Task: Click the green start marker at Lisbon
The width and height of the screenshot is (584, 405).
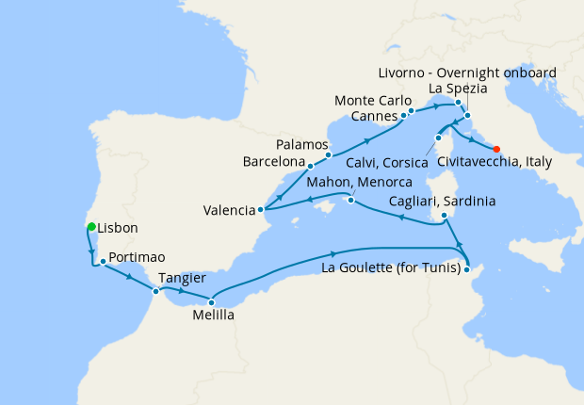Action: tap(91, 227)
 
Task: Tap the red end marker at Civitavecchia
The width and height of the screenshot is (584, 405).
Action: tap(496, 147)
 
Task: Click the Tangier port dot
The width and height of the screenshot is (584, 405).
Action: tap(156, 291)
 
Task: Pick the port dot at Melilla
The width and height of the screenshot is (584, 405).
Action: tap(211, 301)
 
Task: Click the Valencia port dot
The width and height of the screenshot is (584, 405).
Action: tap(261, 211)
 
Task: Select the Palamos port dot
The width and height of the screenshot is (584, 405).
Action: tap(328, 154)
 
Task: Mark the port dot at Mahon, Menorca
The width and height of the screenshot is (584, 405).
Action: tap(349, 200)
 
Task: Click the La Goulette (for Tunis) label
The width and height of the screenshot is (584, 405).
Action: tap(391, 269)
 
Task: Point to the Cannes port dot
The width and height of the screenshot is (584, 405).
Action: tap(403, 116)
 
